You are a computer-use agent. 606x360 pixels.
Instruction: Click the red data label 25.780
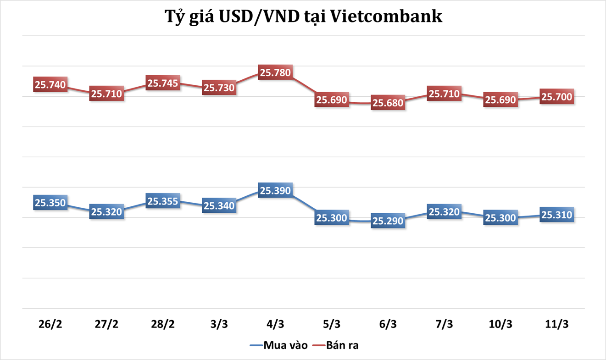(276, 72)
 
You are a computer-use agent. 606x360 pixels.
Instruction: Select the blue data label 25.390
(276, 190)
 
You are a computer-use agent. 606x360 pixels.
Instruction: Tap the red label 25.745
(163, 83)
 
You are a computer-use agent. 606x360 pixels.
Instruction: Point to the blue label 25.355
(163, 201)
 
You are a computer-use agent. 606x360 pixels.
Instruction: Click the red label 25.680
(388, 103)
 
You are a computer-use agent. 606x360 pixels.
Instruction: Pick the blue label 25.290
(388, 221)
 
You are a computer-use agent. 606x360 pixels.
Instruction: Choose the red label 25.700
(557, 97)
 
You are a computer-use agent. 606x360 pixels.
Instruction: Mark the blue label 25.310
(557, 215)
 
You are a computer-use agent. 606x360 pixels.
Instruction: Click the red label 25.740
(50, 85)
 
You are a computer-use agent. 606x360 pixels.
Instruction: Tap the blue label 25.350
(50, 203)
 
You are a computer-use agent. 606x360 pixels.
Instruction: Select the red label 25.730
(219, 88)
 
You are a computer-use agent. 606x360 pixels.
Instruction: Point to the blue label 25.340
(219, 206)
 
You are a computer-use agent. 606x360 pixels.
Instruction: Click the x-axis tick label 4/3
(276, 324)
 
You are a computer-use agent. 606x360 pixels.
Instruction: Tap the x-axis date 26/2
(50, 324)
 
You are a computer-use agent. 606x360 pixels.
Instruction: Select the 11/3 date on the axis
(557, 324)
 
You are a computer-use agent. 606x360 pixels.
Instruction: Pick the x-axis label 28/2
(163, 324)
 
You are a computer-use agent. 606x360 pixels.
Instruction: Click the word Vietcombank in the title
(386, 16)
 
